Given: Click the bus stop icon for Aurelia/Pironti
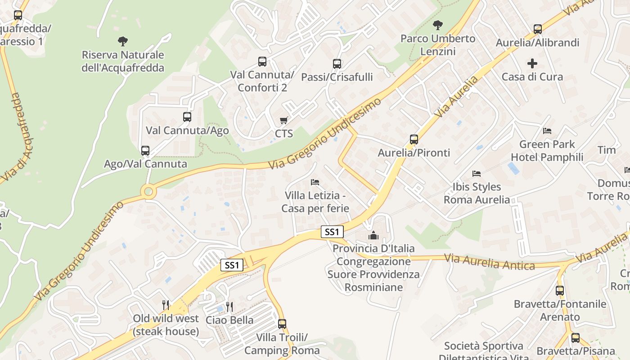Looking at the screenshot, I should [x=414, y=139].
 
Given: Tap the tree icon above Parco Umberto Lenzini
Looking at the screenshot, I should [x=437, y=25].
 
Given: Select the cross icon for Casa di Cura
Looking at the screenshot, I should [x=532, y=63].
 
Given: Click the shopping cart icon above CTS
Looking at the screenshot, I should [x=283, y=120].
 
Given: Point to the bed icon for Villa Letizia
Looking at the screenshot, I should [x=315, y=182].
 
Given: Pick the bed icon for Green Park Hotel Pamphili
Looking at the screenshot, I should [x=547, y=131].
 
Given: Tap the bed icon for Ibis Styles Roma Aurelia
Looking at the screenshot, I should [x=477, y=173].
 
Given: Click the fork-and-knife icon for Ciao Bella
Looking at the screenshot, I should [x=229, y=307].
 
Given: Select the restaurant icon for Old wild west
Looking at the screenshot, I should [x=166, y=305].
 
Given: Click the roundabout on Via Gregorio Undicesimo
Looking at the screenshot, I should [x=148, y=192].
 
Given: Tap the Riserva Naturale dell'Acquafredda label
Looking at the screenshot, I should [x=122, y=61].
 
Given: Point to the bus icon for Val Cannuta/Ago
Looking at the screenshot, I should [x=187, y=117].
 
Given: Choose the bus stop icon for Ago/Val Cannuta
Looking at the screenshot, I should [x=145, y=151].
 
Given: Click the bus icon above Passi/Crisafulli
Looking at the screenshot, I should [x=337, y=64].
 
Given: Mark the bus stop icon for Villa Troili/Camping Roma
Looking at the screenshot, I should [x=282, y=324].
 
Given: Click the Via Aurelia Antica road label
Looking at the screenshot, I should [x=489, y=262].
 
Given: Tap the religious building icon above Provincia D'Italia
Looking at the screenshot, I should [x=373, y=235].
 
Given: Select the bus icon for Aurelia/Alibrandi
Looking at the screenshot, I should [x=538, y=29].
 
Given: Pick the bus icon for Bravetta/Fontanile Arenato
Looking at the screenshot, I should [x=560, y=291].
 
